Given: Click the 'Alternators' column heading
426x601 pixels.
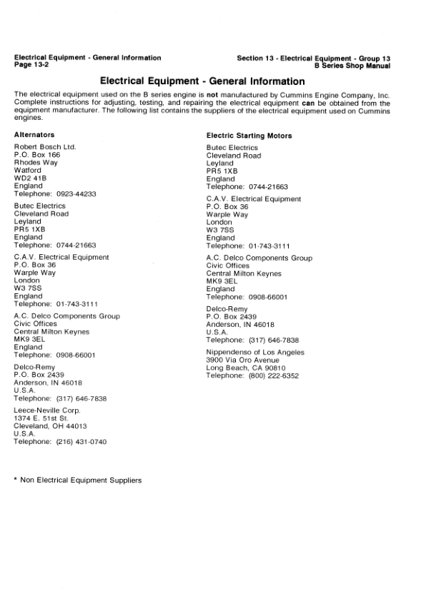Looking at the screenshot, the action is pyautogui.click(x=34, y=134).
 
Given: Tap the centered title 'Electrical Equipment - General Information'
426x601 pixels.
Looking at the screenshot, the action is pyautogui.click(x=202, y=81).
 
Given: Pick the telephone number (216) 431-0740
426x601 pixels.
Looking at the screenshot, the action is pyautogui.click(x=81, y=443).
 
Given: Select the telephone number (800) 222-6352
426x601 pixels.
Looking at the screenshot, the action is pyautogui.click(x=273, y=375).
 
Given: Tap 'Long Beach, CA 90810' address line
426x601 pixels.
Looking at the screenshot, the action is pyautogui.click(x=244, y=368).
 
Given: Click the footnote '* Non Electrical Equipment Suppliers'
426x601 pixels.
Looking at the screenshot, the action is pyautogui.click(x=78, y=480).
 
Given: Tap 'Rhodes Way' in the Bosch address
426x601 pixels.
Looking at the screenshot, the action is pyautogui.click(x=36, y=162).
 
